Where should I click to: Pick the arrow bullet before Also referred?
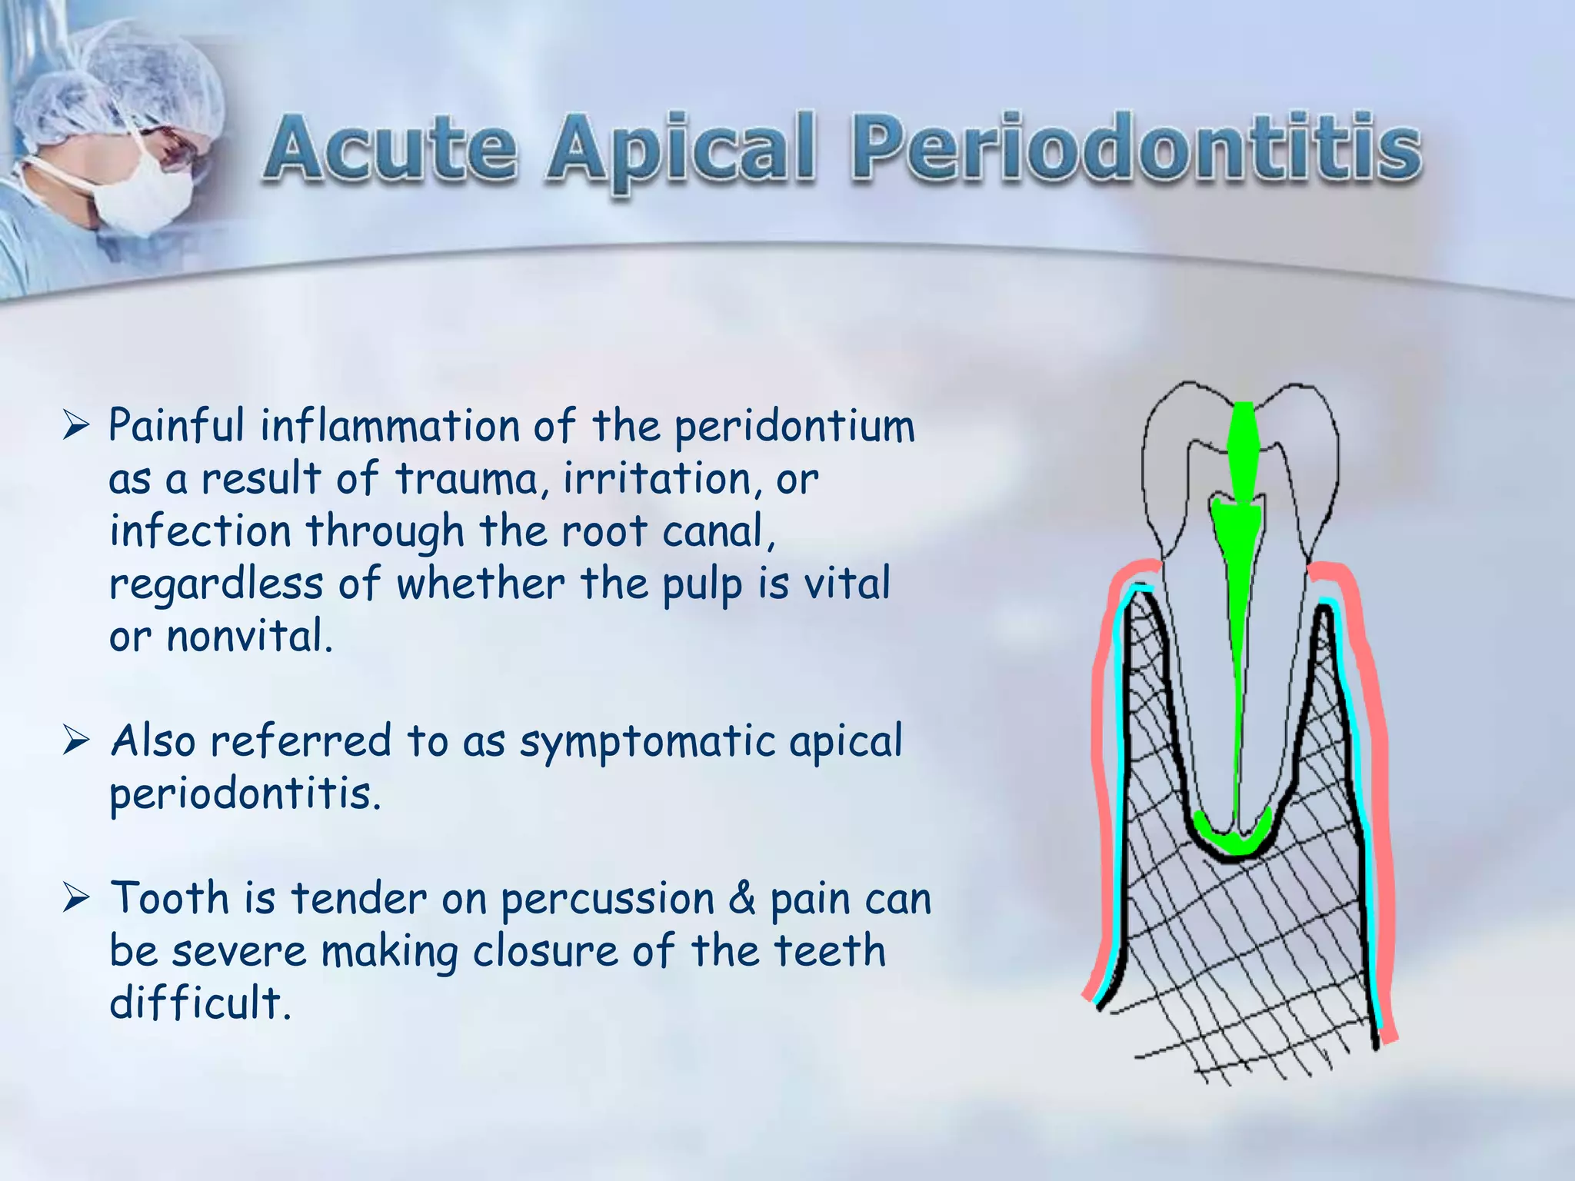click(77, 741)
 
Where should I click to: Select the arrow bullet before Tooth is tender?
click(77, 898)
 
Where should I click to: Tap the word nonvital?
click(249, 637)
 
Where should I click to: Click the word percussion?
click(608, 900)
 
